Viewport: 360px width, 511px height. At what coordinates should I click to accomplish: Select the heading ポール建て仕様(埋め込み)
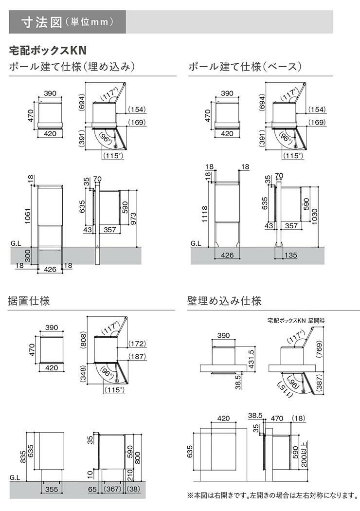(x=72, y=67)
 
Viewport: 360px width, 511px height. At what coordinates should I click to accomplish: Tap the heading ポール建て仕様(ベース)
(x=246, y=67)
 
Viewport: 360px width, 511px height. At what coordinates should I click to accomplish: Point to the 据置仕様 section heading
(x=29, y=301)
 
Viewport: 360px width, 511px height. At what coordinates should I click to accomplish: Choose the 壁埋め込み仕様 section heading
(x=224, y=301)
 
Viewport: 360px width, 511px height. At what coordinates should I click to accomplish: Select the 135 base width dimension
(x=290, y=255)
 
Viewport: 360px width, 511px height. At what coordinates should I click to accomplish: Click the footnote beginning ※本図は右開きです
(x=272, y=495)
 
